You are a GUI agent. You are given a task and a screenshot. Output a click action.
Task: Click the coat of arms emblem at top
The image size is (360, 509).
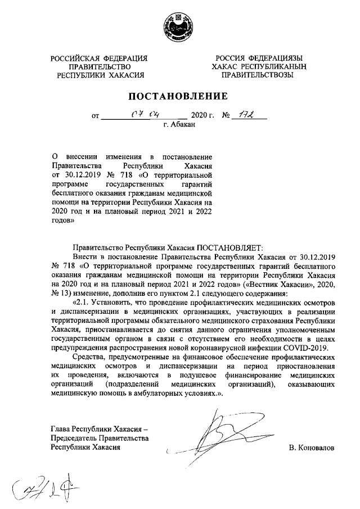pos(180,26)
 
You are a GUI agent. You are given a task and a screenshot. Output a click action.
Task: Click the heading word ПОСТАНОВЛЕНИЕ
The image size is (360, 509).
pos(180,95)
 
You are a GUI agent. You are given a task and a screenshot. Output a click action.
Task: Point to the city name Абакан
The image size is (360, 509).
pos(180,127)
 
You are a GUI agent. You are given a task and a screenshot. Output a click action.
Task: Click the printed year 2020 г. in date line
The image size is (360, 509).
pos(203,118)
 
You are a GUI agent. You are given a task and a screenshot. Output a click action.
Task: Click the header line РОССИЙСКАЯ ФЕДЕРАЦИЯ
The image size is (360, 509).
pos(99,58)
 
